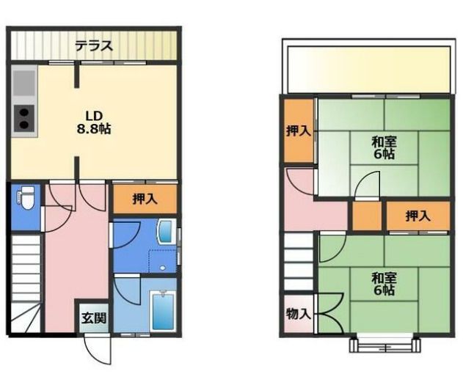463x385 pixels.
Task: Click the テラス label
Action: [x=93, y=46]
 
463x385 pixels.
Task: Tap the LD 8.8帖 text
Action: [x=92, y=122]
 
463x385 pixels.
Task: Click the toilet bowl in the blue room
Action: [x=27, y=198]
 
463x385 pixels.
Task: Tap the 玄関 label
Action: [x=93, y=318]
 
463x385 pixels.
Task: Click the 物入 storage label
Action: [x=297, y=314]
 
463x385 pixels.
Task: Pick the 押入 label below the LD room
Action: [x=145, y=198]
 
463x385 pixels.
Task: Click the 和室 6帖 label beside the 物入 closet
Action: [x=383, y=284]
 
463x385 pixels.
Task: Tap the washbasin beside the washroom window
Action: [x=164, y=234]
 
